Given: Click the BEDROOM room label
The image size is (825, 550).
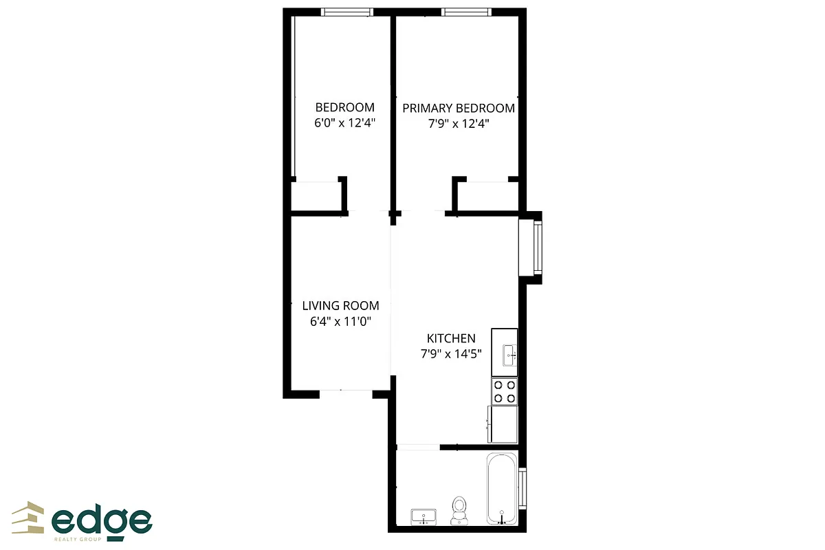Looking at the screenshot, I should (x=344, y=107).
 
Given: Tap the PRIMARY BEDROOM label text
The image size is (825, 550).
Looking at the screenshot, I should (x=458, y=108).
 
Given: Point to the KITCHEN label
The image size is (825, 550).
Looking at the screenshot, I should (x=451, y=338).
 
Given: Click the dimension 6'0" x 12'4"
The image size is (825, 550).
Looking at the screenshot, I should (x=344, y=124).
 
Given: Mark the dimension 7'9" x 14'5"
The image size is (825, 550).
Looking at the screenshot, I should (x=451, y=354).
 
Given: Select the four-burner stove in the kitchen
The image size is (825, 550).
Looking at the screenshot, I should (x=504, y=390).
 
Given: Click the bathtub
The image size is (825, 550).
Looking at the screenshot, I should (x=502, y=488).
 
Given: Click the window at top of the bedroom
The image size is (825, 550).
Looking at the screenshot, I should (x=347, y=12).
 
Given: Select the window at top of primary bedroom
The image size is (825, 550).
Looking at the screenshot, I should (x=466, y=12).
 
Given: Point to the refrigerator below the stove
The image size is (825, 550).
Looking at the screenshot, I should (x=503, y=424).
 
